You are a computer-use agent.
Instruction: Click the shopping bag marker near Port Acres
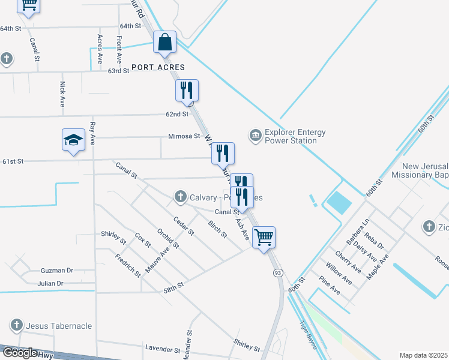point(164,42)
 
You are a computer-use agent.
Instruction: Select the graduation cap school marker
point(74,140)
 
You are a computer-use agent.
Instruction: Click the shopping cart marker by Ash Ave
point(264,237)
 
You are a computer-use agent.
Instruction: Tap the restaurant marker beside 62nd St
point(187,90)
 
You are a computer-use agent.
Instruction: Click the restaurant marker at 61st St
point(223,153)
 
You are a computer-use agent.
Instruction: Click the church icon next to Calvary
point(179,196)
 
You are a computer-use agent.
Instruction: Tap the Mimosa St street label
point(184,136)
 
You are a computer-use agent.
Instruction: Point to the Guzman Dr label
point(56,271)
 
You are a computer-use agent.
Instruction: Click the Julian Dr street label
point(50,283)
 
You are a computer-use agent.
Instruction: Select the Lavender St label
point(163,349)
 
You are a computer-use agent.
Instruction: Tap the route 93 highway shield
point(278,273)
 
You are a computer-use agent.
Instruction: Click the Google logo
point(20,353)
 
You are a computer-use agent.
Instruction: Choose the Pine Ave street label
point(329,284)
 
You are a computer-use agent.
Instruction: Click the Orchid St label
point(168,237)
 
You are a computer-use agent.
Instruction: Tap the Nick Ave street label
point(62,94)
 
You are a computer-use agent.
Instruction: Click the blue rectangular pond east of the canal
point(340,203)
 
